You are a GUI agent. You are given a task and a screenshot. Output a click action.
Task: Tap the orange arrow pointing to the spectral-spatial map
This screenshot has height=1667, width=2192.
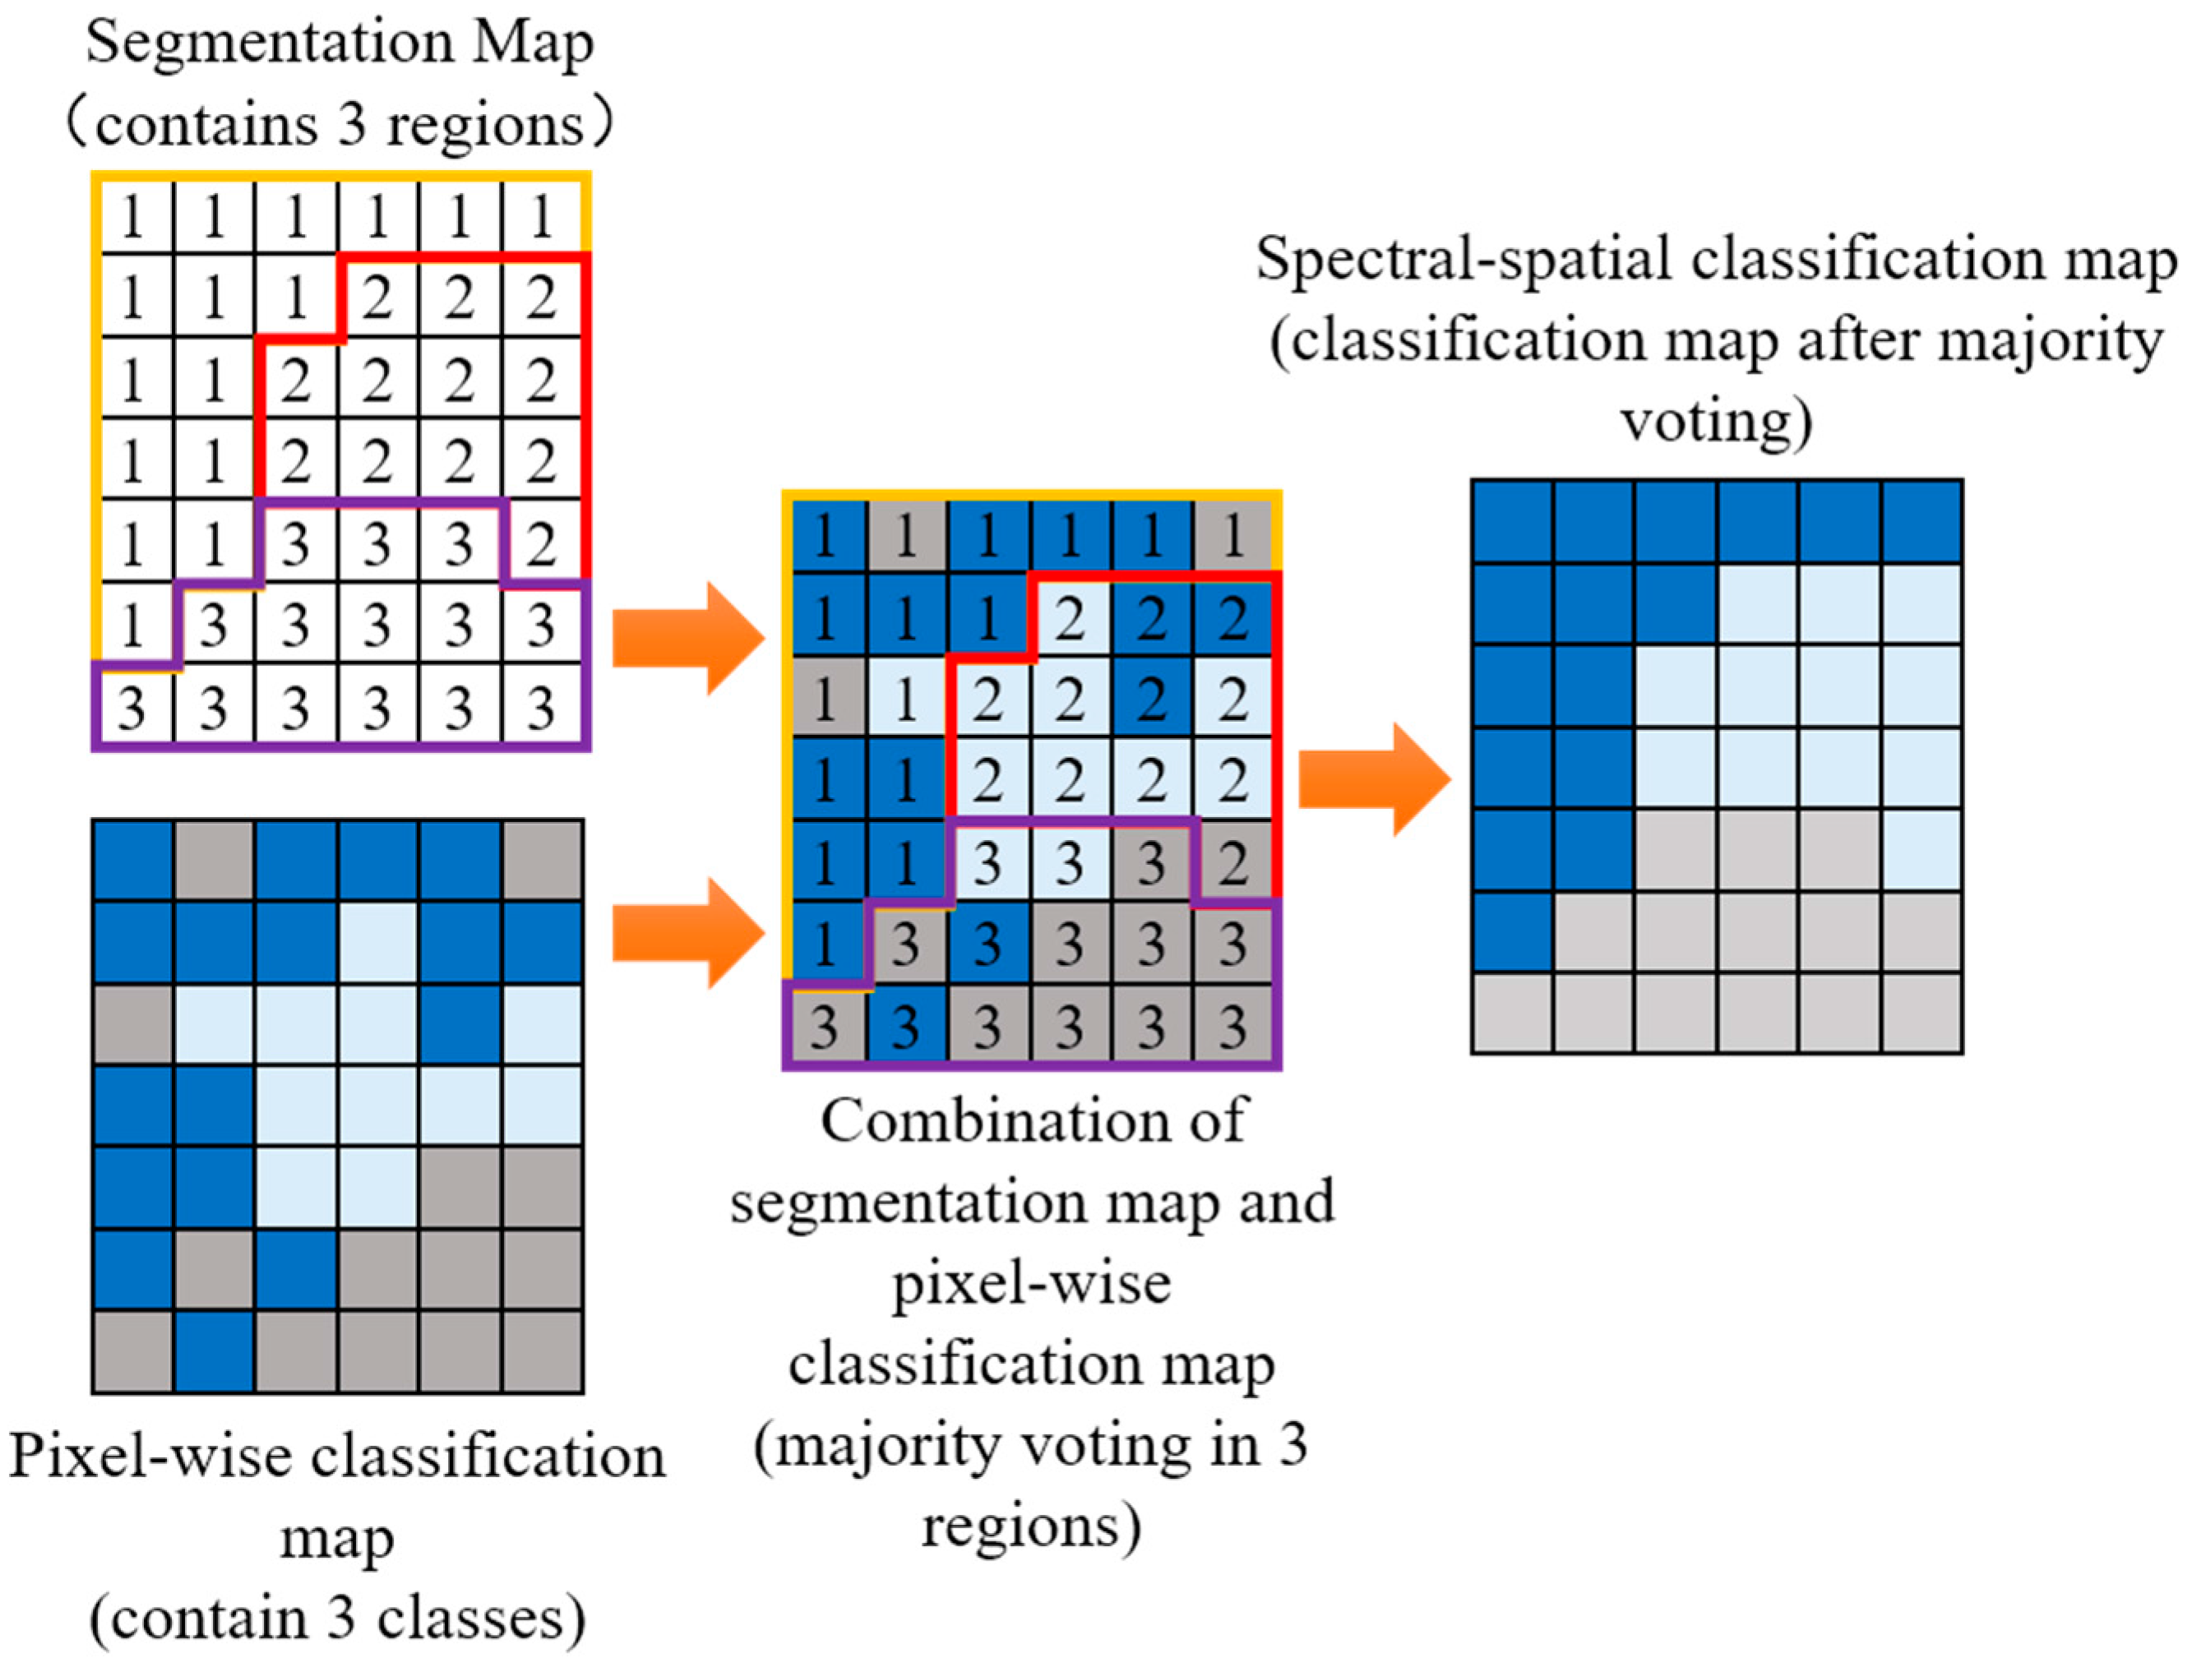[x=1373, y=779]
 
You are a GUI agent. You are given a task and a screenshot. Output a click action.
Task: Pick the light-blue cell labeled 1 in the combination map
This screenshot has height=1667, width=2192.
[x=905, y=700]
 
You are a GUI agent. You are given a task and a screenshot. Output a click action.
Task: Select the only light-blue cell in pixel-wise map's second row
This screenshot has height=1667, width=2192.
[x=377, y=943]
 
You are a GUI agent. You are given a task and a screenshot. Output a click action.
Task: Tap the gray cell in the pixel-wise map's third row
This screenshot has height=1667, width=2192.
[x=133, y=1024]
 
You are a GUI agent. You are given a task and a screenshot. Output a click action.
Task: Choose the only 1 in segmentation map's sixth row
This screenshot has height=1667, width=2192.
[x=133, y=625]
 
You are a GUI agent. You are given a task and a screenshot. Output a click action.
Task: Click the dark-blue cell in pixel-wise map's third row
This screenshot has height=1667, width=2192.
[x=460, y=1024]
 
